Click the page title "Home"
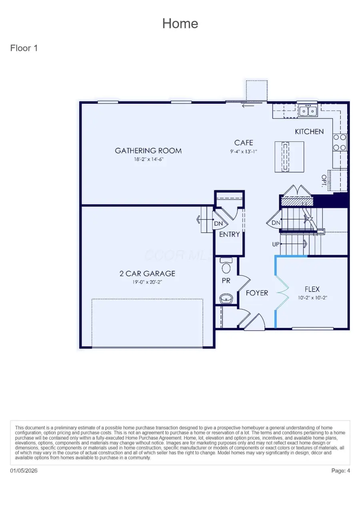pos(180,24)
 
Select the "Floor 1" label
pos(24,48)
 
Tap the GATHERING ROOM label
pos(148,151)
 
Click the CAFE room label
pos(244,143)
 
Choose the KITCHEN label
pos(309,132)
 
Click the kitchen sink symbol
pos(308,110)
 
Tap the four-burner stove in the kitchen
pos(340,142)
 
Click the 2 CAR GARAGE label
pos(147,274)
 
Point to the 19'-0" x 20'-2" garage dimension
pos(147,282)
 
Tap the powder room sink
pos(226,298)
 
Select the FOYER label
pos(257,293)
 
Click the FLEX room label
pos(312,289)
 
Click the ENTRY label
pos(229,234)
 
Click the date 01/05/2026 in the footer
pos(24,471)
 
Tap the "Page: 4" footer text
pos(340,471)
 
